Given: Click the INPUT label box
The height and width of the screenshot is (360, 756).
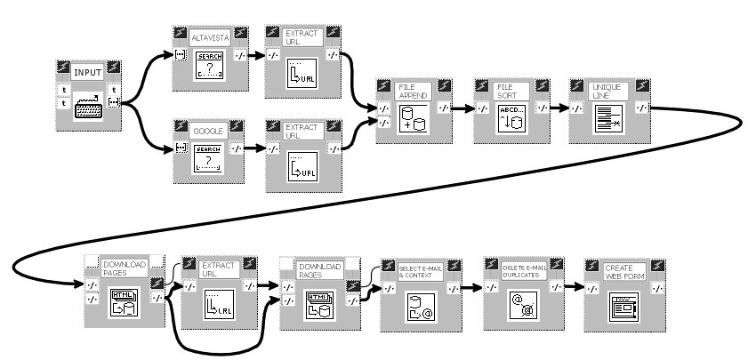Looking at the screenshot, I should (88, 73).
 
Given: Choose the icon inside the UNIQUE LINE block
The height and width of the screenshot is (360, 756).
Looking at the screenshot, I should (607, 119).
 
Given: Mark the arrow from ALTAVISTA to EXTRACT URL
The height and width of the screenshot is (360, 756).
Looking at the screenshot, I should (253, 56).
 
